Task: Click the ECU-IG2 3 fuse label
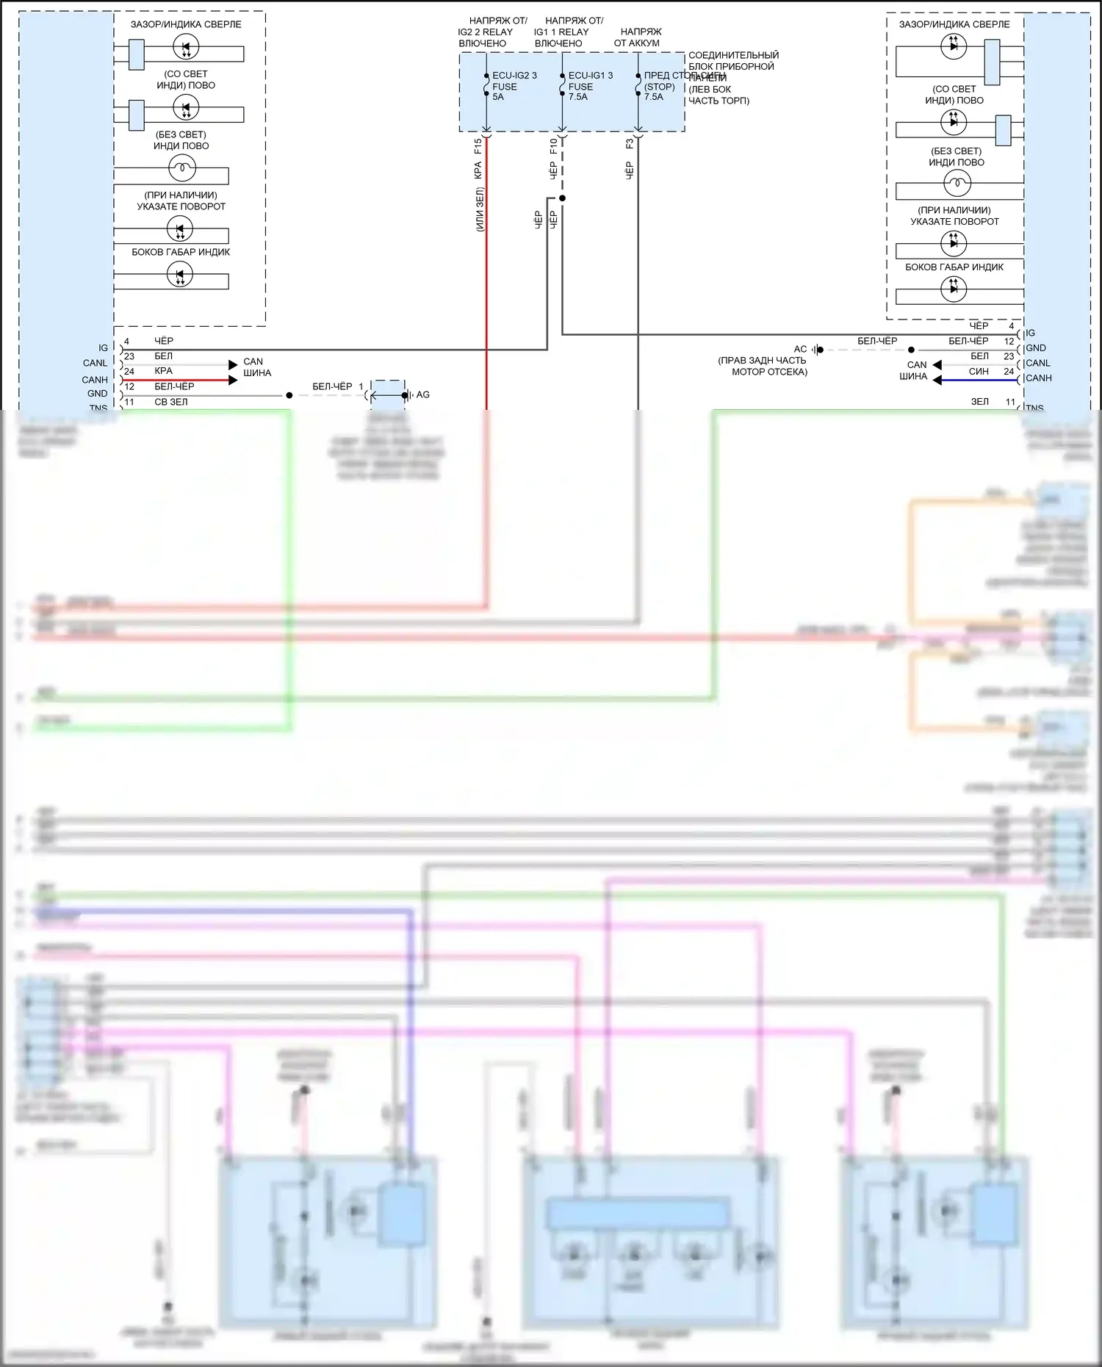click(x=514, y=76)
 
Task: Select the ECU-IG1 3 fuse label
click(x=590, y=76)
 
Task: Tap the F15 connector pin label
click(x=478, y=145)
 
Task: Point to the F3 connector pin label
click(x=630, y=144)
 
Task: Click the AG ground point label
click(x=423, y=395)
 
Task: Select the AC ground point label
click(x=800, y=350)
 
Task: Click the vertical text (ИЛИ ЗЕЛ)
click(x=479, y=210)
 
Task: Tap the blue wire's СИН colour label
click(x=979, y=372)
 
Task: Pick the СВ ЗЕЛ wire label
click(x=170, y=403)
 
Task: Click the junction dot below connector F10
click(x=562, y=198)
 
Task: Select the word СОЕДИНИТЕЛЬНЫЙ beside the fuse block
click(x=733, y=55)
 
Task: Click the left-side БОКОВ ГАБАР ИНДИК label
click(x=181, y=252)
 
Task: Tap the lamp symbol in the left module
click(x=181, y=168)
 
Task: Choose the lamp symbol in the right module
click(x=957, y=182)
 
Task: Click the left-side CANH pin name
click(x=95, y=380)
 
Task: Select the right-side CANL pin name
click(x=1038, y=363)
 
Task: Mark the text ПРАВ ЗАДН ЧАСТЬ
click(x=762, y=361)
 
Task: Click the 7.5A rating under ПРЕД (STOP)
click(x=653, y=97)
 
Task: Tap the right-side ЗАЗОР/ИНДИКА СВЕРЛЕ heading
click(x=954, y=24)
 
